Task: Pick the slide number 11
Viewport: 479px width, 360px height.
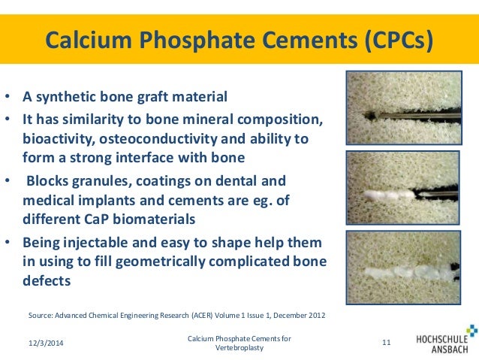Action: click(387, 343)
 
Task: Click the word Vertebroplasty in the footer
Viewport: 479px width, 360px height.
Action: click(239, 349)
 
